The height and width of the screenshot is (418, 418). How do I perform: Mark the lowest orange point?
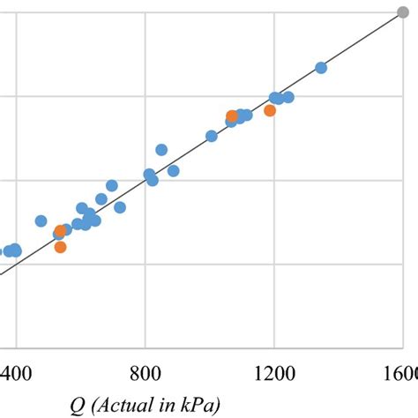(x=60, y=247)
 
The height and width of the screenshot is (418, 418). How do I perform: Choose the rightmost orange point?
(x=270, y=110)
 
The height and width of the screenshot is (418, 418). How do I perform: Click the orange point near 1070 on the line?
(x=232, y=116)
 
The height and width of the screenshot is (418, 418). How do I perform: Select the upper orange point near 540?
(x=60, y=231)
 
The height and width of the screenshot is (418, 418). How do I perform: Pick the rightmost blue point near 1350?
(x=321, y=68)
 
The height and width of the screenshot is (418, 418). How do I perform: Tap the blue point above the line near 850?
(x=161, y=150)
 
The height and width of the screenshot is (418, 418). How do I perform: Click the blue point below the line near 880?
(x=173, y=170)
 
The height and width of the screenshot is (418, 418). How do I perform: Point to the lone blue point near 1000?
(x=212, y=136)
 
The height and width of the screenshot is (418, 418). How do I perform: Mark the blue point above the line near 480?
(x=41, y=220)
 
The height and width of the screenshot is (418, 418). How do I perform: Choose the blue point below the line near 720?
(x=120, y=207)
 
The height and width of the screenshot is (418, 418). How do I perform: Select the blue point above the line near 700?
(x=112, y=185)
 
